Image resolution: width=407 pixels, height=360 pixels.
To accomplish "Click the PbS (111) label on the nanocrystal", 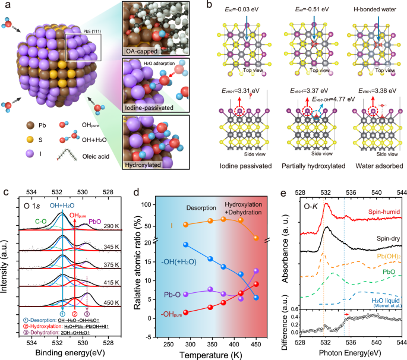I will (92, 31).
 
